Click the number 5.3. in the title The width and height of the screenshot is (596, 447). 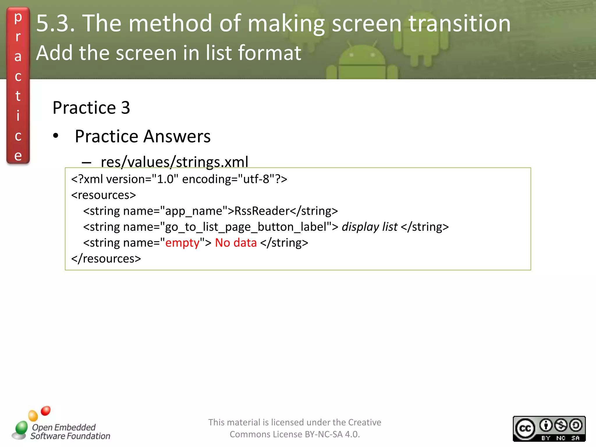(55, 23)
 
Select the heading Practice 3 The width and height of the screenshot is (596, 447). (91, 108)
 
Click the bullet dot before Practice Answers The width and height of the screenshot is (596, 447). (56, 136)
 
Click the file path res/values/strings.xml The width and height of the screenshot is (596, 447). (174, 162)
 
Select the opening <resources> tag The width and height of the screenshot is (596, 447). (103, 195)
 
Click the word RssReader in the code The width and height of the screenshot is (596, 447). (262, 211)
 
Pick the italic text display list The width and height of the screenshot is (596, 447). (369, 227)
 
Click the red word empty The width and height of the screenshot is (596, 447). (182, 243)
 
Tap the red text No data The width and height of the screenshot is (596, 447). (236, 243)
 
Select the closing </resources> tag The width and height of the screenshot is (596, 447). (106, 259)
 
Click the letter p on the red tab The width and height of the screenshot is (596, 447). (18, 17)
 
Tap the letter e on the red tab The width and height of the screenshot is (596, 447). (18, 156)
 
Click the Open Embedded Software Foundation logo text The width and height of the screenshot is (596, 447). (70, 432)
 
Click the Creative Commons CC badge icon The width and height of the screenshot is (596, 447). (525, 428)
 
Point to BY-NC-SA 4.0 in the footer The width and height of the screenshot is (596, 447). (332, 434)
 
